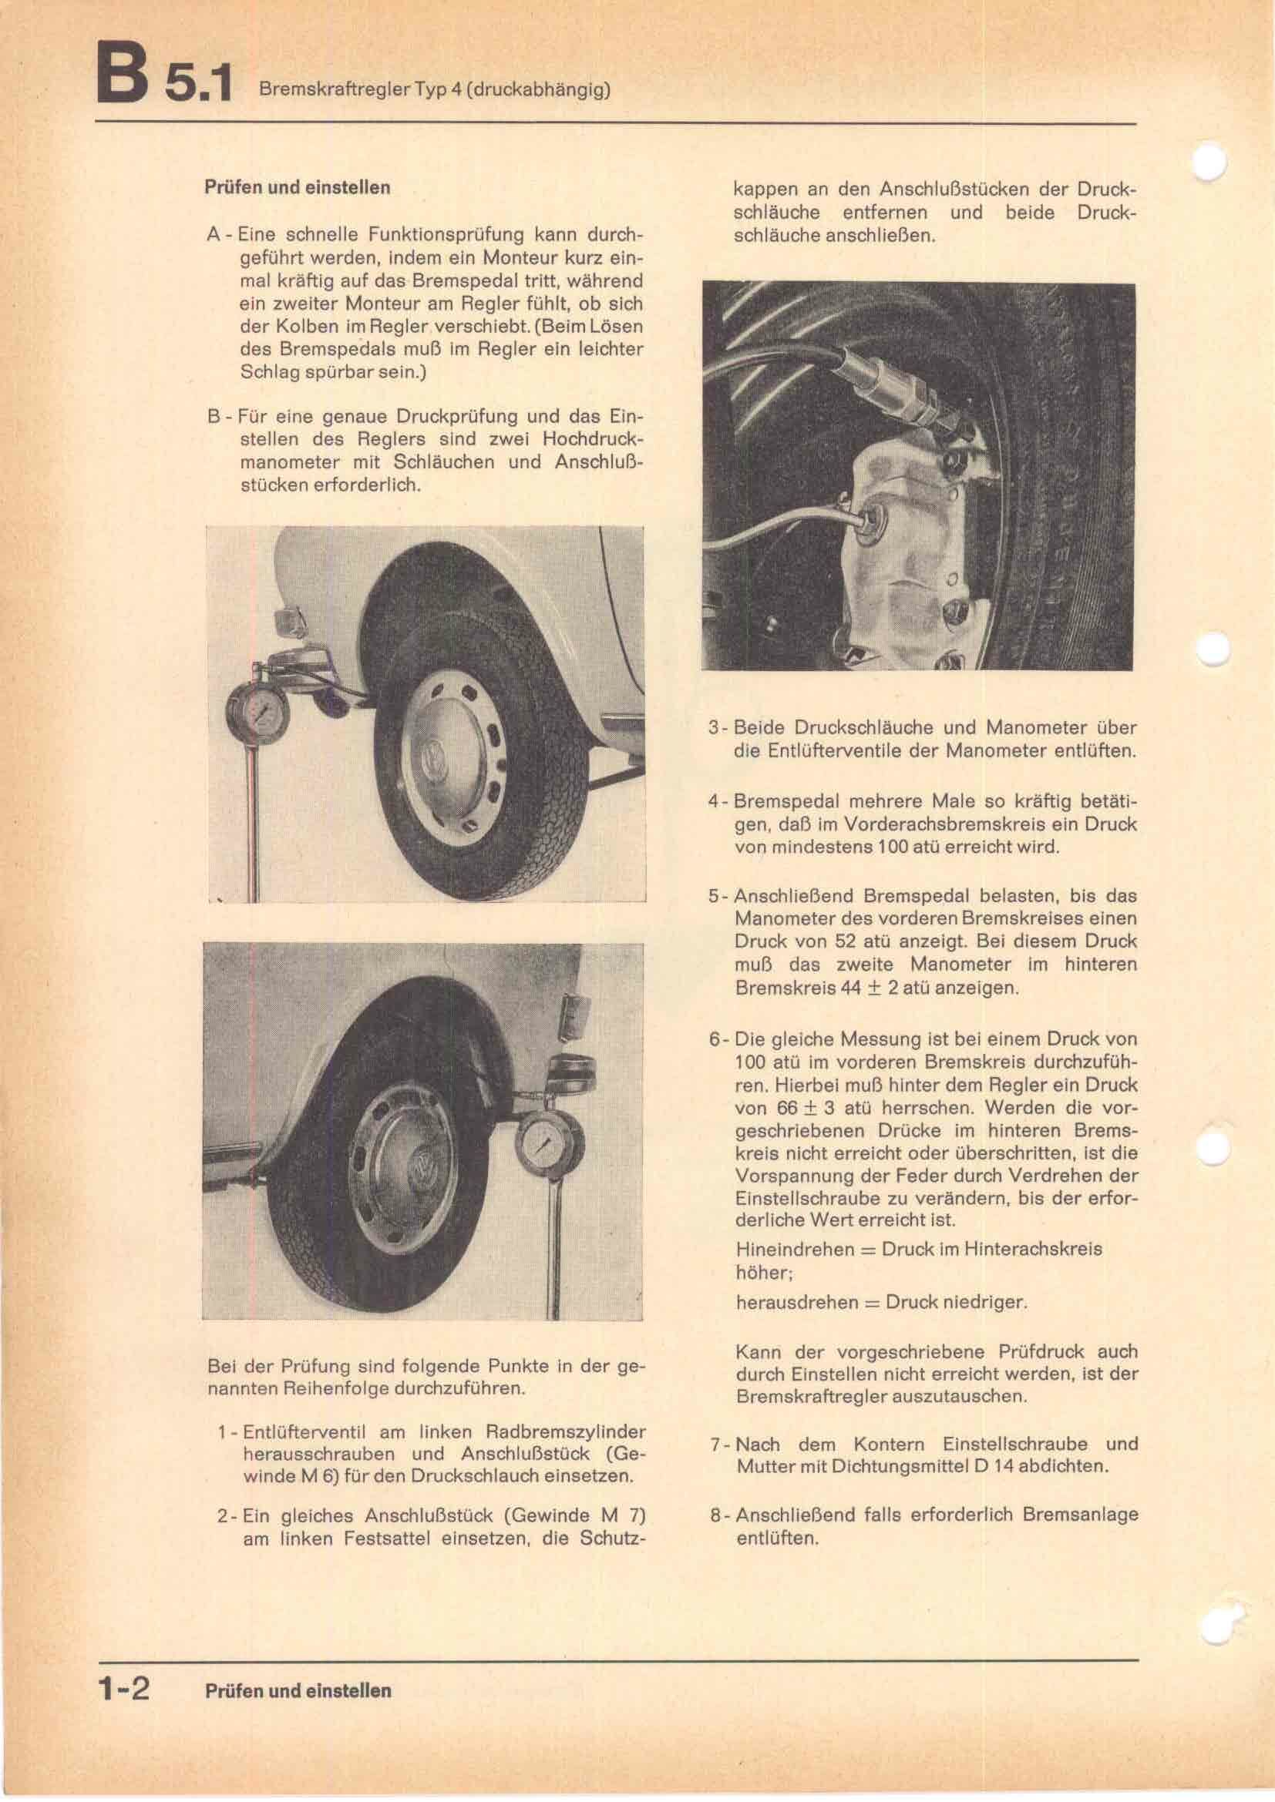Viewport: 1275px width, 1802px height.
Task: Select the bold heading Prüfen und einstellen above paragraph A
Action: [297, 187]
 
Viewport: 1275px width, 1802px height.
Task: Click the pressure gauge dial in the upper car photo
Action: [260, 713]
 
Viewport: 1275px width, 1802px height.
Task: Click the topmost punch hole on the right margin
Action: [1209, 163]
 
